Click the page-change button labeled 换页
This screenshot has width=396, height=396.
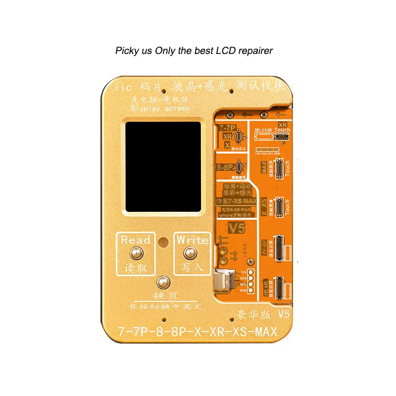click(161, 283)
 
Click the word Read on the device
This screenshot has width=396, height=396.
click(136, 240)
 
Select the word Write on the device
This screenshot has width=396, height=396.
click(193, 240)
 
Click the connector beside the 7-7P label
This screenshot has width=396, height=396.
click(239, 137)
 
